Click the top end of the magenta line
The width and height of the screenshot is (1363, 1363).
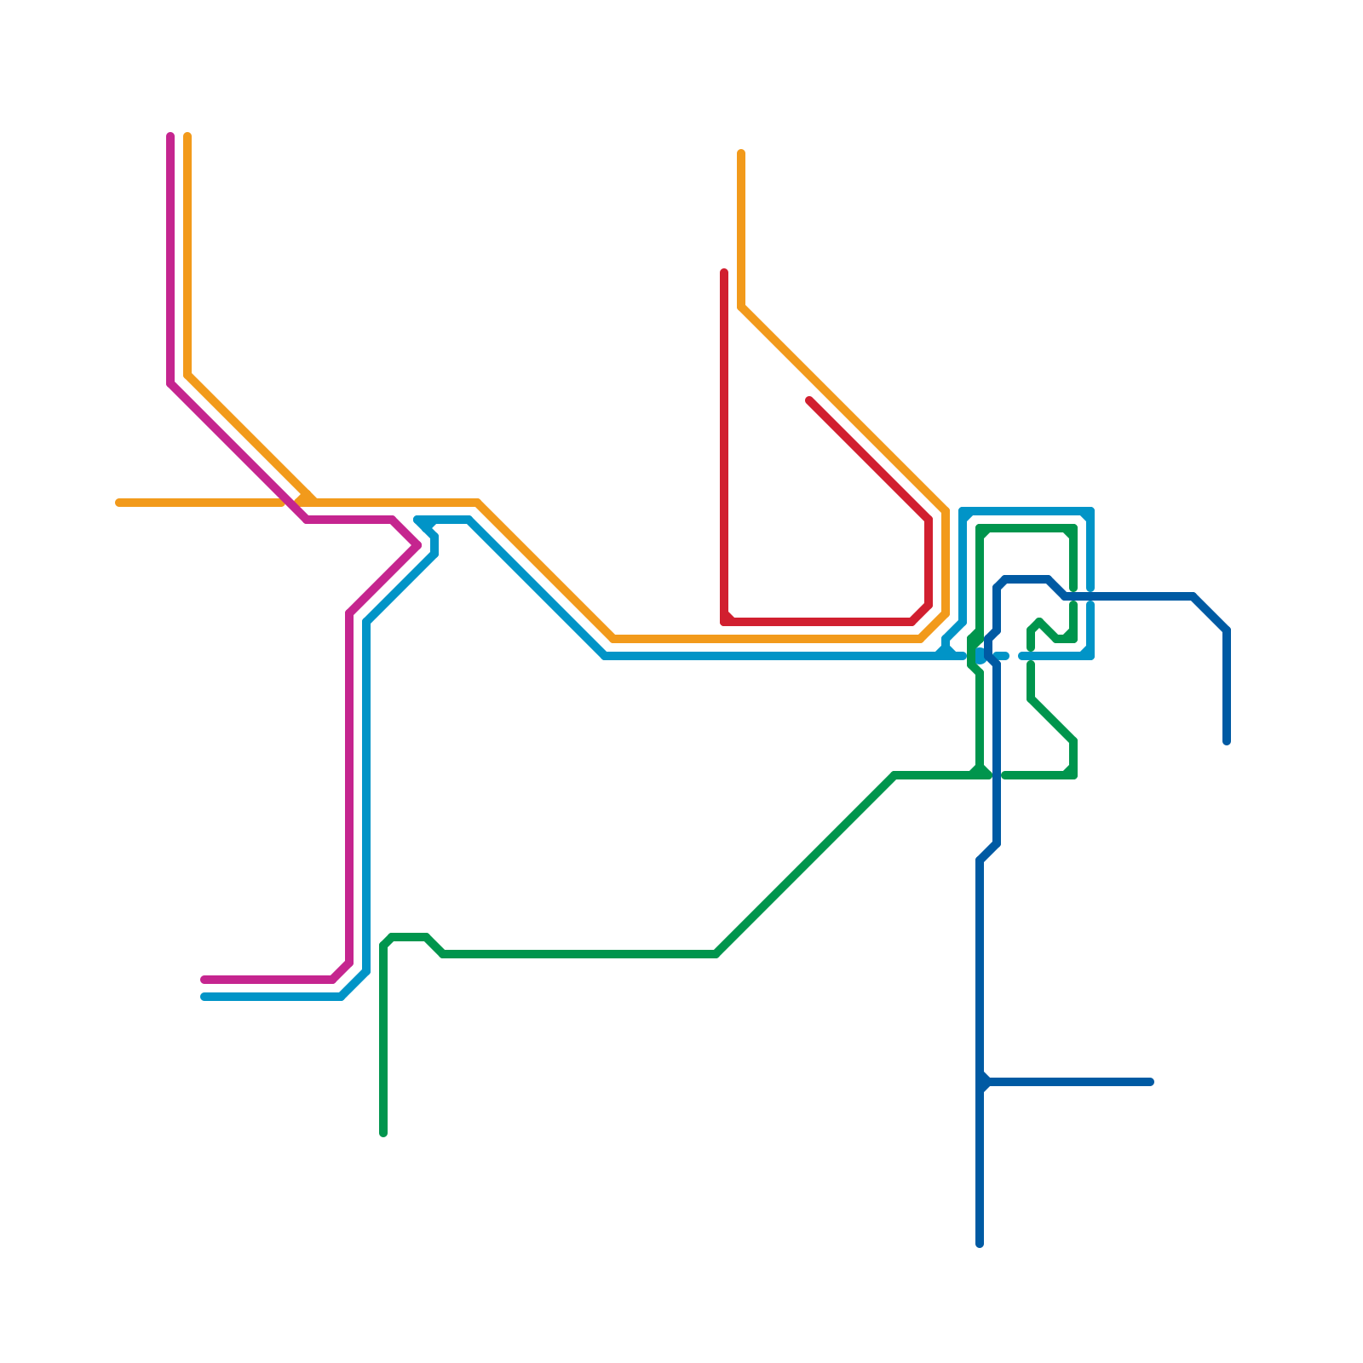pyautogui.click(x=170, y=136)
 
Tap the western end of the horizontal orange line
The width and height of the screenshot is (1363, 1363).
pyautogui.click(x=119, y=503)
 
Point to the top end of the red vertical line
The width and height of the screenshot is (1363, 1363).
pyautogui.click(x=724, y=273)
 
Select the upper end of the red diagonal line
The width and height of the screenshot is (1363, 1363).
pyautogui.click(x=809, y=400)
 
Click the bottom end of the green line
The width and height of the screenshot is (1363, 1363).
pyautogui.click(x=383, y=1133)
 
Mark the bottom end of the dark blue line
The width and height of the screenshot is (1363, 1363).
pyautogui.click(x=980, y=1244)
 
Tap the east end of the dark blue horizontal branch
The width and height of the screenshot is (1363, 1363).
pyautogui.click(x=1150, y=1082)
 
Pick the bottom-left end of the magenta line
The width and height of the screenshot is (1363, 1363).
pyautogui.click(x=204, y=980)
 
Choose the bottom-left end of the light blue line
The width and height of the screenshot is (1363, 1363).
pyautogui.click(x=204, y=997)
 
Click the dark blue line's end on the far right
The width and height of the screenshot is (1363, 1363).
pyautogui.click(x=1227, y=741)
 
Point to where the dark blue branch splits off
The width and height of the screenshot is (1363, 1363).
pyautogui.click(x=981, y=1082)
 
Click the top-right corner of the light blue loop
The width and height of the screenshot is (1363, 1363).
pyautogui.click(x=1090, y=512)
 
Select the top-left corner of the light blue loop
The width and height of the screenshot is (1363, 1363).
pyautogui.click(x=963, y=512)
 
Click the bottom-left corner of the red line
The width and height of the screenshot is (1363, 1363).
pyautogui.click(x=725, y=621)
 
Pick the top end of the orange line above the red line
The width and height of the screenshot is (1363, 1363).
pyautogui.click(x=741, y=153)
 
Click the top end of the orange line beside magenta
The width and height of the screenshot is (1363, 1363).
pyautogui.click(x=187, y=136)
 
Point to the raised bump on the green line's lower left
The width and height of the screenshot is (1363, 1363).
pyautogui.click(x=409, y=937)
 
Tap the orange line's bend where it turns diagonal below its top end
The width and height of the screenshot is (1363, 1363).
pyautogui.click(x=742, y=307)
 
